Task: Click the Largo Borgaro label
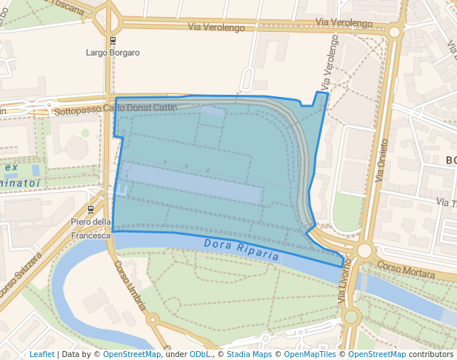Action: tap(113, 53)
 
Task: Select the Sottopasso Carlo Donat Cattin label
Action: tap(117, 108)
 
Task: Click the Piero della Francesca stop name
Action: tap(90, 228)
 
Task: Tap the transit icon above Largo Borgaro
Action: tap(113, 41)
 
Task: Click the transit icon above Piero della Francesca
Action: tap(90, 210)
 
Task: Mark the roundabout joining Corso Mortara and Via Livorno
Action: tap(363, 251)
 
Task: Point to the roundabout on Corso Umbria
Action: tap(154, 321)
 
